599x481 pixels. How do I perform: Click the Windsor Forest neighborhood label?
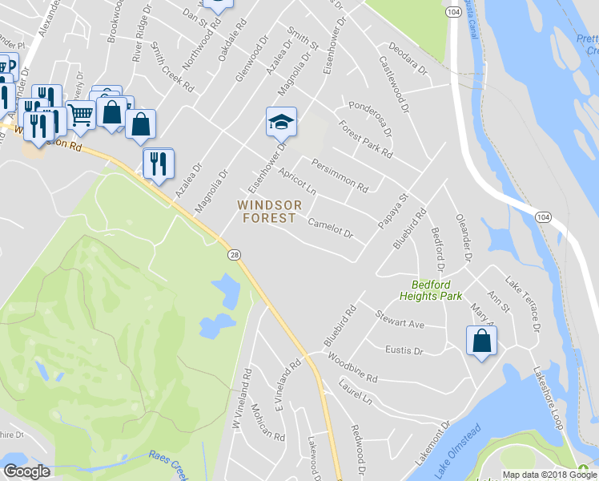269,212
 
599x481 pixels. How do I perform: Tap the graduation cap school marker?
281,122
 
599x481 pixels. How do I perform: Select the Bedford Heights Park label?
437,290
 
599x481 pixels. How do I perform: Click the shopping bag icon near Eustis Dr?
482,340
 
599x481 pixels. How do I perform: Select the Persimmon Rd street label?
340,176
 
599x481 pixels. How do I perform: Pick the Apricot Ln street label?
297,183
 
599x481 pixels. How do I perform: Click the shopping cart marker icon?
80,115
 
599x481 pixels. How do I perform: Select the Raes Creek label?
168,460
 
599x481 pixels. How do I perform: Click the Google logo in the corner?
26,471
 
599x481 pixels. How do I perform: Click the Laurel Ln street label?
356,392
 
